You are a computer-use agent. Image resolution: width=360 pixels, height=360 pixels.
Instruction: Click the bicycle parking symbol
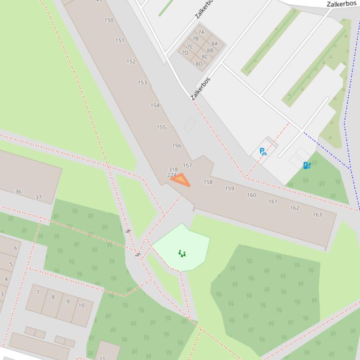(263, 151)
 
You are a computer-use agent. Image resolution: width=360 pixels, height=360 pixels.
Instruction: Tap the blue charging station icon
(307, 165)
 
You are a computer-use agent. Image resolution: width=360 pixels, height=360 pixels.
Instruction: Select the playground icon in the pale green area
(182, 253)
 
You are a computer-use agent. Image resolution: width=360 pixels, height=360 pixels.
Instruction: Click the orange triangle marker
(181, 180)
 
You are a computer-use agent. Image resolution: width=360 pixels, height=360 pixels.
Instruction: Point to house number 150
(109, 20)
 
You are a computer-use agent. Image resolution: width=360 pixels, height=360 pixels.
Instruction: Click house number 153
(142, 83)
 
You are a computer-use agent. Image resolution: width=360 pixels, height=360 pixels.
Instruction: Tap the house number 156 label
(176, 145)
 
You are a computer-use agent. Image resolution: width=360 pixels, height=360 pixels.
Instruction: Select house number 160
(251, 195)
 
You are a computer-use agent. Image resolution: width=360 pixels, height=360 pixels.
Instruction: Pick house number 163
(317, 215)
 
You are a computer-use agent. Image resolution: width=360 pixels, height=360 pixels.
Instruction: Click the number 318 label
(173, 169)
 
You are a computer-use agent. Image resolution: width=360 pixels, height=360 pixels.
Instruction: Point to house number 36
(18, 191)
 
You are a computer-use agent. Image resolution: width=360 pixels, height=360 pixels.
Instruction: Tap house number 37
(38, 197)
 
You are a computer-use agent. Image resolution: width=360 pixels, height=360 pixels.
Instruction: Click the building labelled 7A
(201, 32)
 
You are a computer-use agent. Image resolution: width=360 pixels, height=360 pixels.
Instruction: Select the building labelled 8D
(199, 64)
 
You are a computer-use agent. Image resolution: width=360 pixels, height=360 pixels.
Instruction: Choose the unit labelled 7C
(190, 47)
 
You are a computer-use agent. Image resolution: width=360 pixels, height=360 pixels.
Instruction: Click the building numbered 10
(81, 305)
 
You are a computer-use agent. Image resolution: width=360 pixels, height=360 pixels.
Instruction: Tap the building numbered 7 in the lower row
(38, 292)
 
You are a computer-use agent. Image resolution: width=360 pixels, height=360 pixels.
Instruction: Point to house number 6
(15, 248)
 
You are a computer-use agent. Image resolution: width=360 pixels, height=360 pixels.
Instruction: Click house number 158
(208, 182)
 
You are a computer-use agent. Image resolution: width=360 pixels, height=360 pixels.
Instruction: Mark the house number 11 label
(102, 358)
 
